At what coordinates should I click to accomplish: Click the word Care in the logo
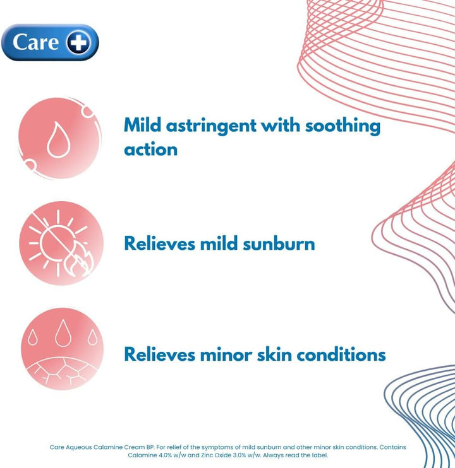[36, 42]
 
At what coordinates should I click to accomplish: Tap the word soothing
[343, 126]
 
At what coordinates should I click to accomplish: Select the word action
[150, 149]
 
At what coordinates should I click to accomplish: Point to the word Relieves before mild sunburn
[159, 243]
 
